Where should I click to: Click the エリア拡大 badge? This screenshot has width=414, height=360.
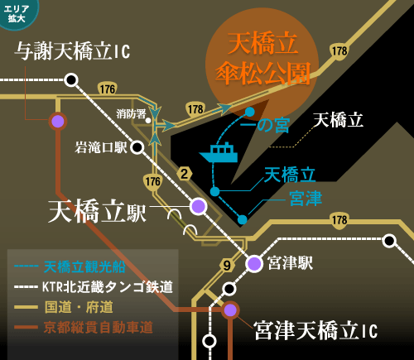tap(17, 13)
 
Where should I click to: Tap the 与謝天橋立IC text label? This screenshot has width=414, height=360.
tap(72, 51)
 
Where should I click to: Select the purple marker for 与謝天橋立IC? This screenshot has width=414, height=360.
tap(58, 122)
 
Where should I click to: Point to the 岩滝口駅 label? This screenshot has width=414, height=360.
tap(101, 147)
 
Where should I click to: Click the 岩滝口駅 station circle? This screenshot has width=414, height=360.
tap(137, 147)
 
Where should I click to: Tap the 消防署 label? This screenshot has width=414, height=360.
tap(131, 113)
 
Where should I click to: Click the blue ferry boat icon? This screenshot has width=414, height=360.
tap(219, 152)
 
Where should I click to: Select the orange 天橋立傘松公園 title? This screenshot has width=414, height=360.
tap(263, 59)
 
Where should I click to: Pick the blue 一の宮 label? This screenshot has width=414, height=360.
tap(265, 126)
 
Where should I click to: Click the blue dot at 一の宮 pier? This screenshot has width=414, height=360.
tap(250, 112)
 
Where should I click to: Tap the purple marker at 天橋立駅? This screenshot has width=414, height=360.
tap(199, 206)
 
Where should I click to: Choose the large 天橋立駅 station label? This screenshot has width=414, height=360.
tap(97, 211)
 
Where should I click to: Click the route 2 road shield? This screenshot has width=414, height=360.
tap(185, 174)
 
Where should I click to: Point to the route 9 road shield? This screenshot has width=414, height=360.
tap(227, 266)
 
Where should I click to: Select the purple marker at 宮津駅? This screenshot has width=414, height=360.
tap(254, 264)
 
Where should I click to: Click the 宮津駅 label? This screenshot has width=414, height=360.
tap(290, 263)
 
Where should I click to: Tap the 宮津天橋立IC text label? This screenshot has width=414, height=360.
tap(315, 331)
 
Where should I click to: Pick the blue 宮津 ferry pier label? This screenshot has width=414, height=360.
tap(306, 199)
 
